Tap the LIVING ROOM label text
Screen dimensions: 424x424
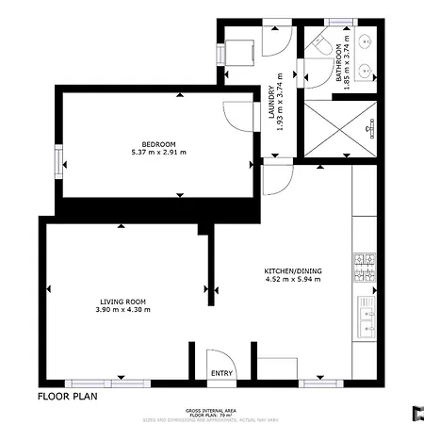[x=122, y=302]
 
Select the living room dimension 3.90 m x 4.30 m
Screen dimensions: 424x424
[x=122, y=310]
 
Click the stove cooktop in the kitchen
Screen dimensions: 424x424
[x=364, y=267]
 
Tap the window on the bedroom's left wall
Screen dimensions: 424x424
[x=58, y=157]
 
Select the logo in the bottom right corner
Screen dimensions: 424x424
[x=415, y=411]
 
